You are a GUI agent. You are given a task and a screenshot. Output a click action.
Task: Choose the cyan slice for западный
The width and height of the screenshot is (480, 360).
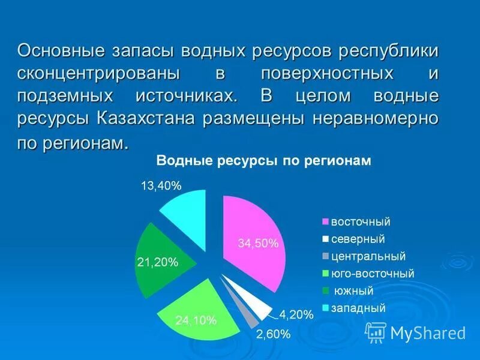click(x=183, y=207)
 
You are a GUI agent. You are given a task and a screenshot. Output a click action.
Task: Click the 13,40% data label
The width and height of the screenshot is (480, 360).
click(x=161, y=186)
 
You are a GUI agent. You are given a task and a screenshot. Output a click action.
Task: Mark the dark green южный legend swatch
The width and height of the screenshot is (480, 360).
click(x=326, y=292)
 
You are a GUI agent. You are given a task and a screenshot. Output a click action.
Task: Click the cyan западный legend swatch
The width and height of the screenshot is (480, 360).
click(x=326, y=309)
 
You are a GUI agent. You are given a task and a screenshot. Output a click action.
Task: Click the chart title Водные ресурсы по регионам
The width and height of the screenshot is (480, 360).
click(x=264, y=161)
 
